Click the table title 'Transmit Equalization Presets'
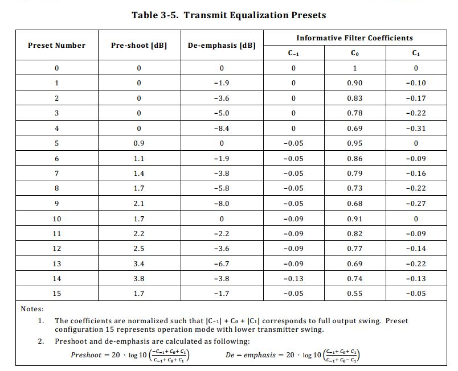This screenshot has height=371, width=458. (x=229, y=15)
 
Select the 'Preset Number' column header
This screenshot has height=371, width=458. (x=56, y=46)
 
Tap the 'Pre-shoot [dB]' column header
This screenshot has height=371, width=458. (x=139, y=46)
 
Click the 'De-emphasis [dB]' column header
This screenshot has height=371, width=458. (x=222, y=46)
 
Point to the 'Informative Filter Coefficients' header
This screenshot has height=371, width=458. (x=354, y=38)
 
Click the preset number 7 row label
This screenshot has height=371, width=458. (x=56, y=173)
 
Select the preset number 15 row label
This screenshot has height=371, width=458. (x=56, y=293)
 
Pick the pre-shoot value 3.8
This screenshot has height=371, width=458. (x=139, y=278)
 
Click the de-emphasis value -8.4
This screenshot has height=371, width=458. (x=222, y=128)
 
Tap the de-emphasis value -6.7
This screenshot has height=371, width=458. (x=222, y=263)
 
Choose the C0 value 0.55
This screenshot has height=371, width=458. (x=354, y=293)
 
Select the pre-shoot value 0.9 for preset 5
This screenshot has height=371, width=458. (x=139, y=143)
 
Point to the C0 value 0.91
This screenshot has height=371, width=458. (x=354, y=219)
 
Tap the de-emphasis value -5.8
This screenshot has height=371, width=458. (x=222, y=188)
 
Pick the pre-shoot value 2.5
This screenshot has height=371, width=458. (x=139, y=248)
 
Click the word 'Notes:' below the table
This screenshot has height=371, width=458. (x=32, y=308)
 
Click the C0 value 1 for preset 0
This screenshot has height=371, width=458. (x=354, y=68)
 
